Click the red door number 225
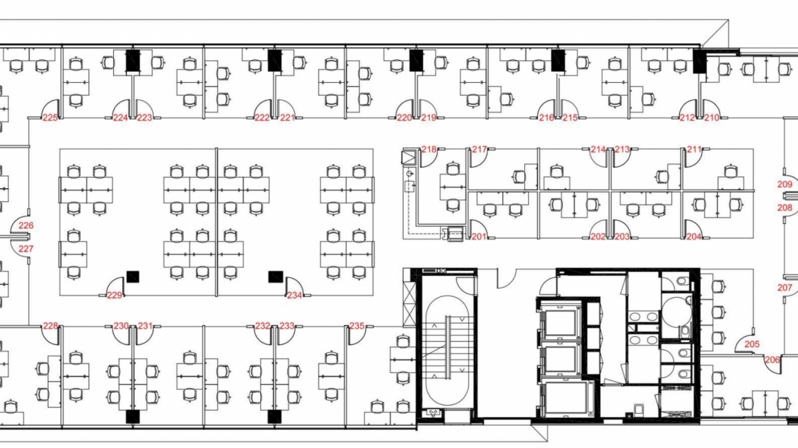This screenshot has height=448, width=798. (x=50, y=118)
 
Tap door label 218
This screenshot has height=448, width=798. (x=429, y=150)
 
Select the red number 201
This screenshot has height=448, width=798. (x=479, y=236)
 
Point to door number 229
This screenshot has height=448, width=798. (x=114, y=296)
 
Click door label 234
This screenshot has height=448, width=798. (x=295, y=296)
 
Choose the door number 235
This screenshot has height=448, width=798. (x=357, y=326)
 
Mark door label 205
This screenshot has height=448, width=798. (x=752, y=344)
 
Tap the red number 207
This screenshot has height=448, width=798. (x=785, y=288)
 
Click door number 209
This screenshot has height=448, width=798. (x=785, y=184)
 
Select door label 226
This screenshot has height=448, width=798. (x=26, y=225)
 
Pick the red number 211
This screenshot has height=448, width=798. (x=694, y=150)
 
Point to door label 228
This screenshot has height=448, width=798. (x=50, y=326)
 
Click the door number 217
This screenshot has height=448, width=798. (x=479, y=150)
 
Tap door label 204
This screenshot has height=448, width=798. (x=694, y=236)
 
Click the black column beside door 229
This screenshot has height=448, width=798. (x=133, y=277)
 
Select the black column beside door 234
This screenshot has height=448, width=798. (x=276, y=277)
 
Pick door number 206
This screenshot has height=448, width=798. (x=772, y=360)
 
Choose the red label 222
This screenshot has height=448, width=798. (x=262, y=118)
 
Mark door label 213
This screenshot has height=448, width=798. (x=622, y=150)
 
